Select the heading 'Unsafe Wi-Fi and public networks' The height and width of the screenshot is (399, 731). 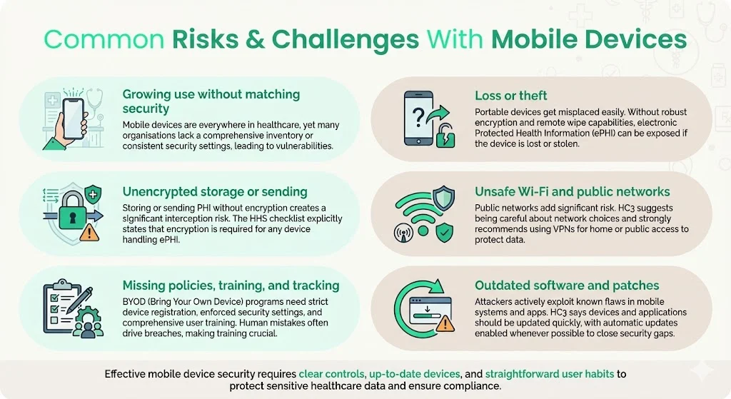[573, 191]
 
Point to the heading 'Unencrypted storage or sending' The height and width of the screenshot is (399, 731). [215, 191]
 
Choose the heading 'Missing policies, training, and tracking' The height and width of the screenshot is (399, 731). [231, 286]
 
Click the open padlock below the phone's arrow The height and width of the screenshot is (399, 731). [445, 133]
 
